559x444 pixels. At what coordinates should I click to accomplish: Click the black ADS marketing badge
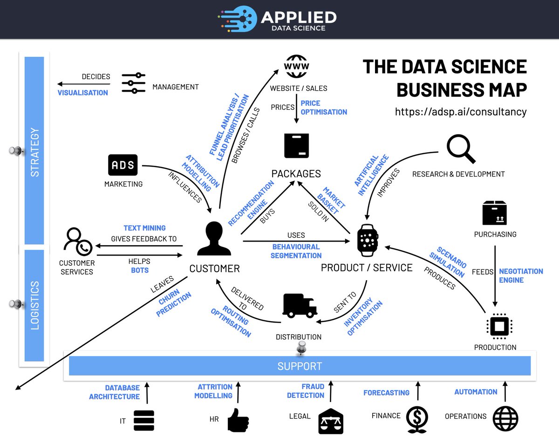coord(123,165)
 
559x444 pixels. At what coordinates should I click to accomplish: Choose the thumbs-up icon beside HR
coord(238,420)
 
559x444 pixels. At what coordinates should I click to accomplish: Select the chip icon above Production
coord(499,327)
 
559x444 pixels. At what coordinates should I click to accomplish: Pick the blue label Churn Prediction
coord(173,304)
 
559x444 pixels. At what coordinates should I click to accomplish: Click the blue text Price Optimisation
coord(324,108)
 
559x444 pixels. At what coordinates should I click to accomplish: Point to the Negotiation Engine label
coord(521,276)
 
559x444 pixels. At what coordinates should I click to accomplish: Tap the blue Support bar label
coord(300,366)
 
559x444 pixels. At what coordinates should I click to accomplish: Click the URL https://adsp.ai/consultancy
coord(461,112)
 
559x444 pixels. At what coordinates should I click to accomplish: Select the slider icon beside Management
coord(134,83)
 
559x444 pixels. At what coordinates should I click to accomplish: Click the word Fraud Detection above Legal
coord(306,391)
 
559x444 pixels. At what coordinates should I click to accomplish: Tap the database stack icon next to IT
coord(143,420)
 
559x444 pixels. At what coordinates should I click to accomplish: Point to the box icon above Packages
coord(296,146)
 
